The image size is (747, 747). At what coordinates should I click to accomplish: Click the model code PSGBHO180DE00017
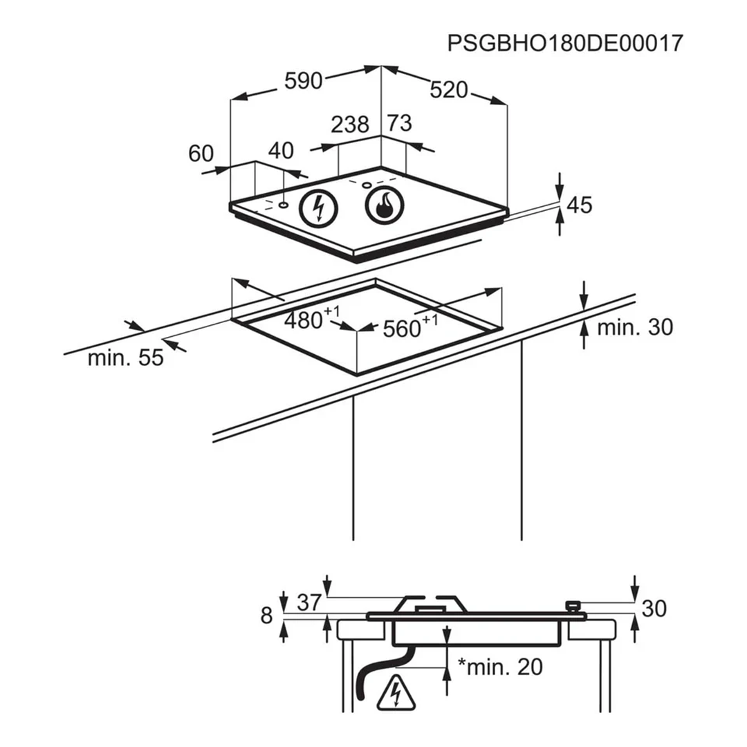tap(565, 43)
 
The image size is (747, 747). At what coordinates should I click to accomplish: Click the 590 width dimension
tap(304, 81)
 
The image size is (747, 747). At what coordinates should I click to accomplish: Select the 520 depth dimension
tap(449, 90)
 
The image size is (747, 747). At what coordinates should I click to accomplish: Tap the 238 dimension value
tap(350, 124)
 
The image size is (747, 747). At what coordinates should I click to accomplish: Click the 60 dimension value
tap(201, 154)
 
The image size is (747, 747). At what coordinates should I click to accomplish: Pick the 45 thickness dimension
tap(580, 205)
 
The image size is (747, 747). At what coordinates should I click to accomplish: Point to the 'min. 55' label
tap(125, 358)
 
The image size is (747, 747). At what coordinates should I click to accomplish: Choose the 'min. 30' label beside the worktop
tap(634, 327)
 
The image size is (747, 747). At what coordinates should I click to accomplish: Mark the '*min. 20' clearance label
tap(500, 667)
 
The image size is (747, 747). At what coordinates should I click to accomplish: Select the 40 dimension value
tap(281, 150)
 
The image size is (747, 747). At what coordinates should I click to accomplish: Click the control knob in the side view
tap(573, 607)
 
